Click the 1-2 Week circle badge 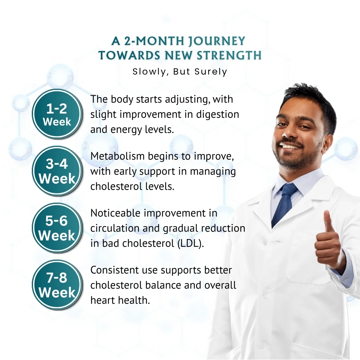point(57,114)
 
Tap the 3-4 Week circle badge point(57,171)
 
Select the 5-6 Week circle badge point(57,228)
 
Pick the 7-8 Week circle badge point(57,285)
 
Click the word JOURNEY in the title point(217,41)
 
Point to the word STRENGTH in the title point(229,55)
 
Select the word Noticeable point(115,213)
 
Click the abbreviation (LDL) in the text point(191,243)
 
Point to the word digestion point(217,115)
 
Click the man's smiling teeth point(290,146)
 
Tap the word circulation point(115,228)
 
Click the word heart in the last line point(102,300)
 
